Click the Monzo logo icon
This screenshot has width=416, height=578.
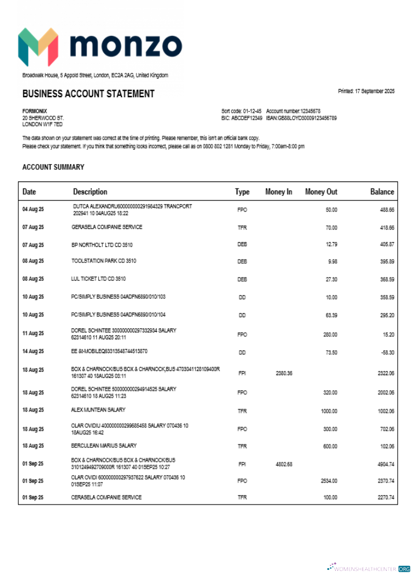(x=38, y=46)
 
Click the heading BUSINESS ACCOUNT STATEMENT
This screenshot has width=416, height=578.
(x=88, y=94)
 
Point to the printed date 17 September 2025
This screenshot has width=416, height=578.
(x=366, y=91)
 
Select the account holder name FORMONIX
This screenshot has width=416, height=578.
(x=35, y=111)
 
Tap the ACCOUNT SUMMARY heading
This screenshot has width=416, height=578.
(x=53, y=167)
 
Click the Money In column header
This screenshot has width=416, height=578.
(x=278, y=192)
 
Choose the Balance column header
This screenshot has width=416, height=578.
(x=382, y=192)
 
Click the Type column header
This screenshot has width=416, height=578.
(x=242, y=192)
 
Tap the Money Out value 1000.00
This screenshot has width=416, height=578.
(x=329, y=411)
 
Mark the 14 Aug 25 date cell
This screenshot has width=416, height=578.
(x=33, y=351)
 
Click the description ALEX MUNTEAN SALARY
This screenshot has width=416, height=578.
(x=98, y=410)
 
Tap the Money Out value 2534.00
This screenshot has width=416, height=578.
(x=329, y=481)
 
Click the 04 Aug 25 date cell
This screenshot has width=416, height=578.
(x=33, y=209)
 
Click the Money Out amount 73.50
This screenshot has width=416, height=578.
(x=331, y=351)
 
